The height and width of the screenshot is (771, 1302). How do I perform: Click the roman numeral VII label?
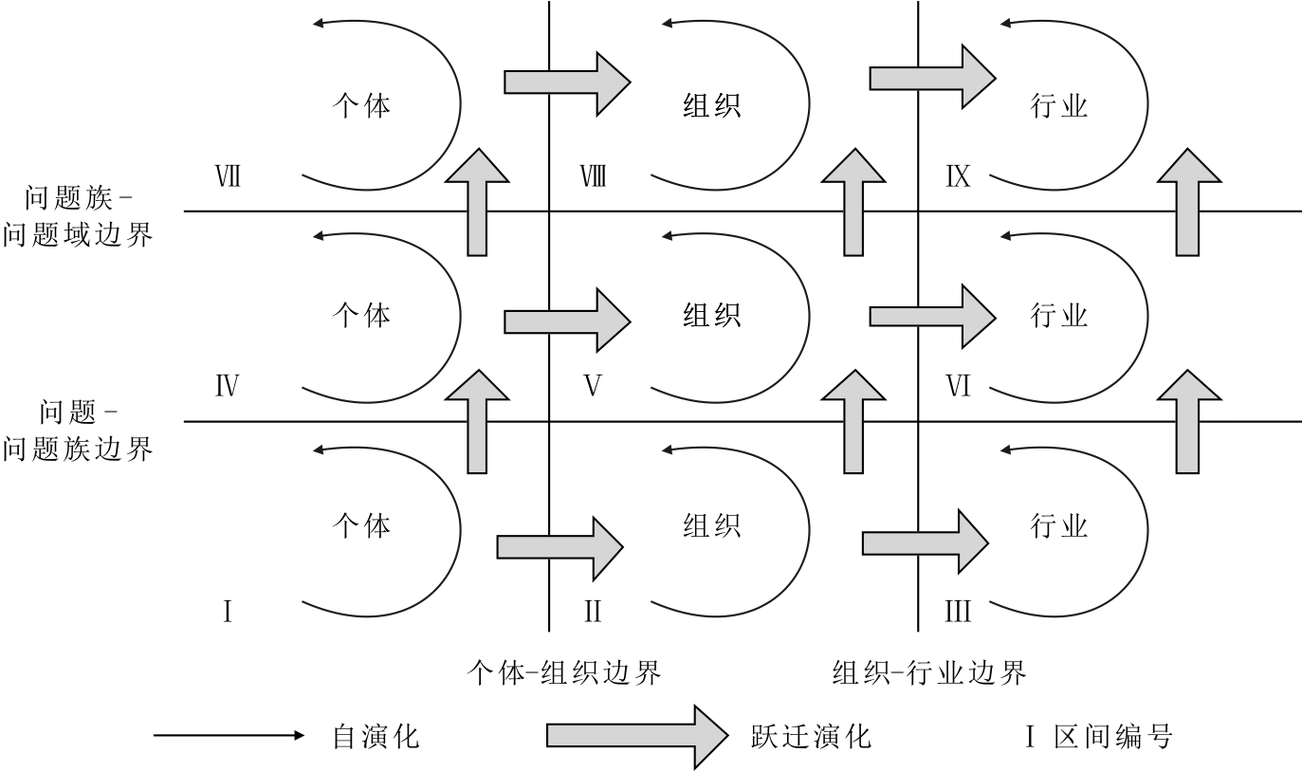[227, 176]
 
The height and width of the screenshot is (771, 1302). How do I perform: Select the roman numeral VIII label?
[593, 176]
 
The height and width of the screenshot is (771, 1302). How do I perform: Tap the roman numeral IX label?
[958, 176]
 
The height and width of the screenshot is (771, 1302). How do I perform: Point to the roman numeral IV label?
[227, 386]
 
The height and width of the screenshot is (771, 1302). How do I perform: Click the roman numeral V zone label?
[593, 386]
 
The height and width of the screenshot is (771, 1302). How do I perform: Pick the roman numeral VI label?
[959, 386]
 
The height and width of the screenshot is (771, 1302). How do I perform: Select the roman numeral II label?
[593, 612]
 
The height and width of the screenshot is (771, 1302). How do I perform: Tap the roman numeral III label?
[958, 612]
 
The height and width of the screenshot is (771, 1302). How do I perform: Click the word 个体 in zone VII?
[361, 104]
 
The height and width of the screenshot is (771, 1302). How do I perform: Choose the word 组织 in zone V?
[711, 315]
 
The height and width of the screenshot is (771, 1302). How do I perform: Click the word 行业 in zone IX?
[1058, 104]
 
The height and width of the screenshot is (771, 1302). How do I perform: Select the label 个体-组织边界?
[564, 673]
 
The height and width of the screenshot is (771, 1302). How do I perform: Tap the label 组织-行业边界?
[929, 673]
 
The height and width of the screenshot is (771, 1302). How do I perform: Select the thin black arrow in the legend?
[229, 735]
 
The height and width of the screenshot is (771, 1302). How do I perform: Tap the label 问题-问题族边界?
[79, 431]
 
